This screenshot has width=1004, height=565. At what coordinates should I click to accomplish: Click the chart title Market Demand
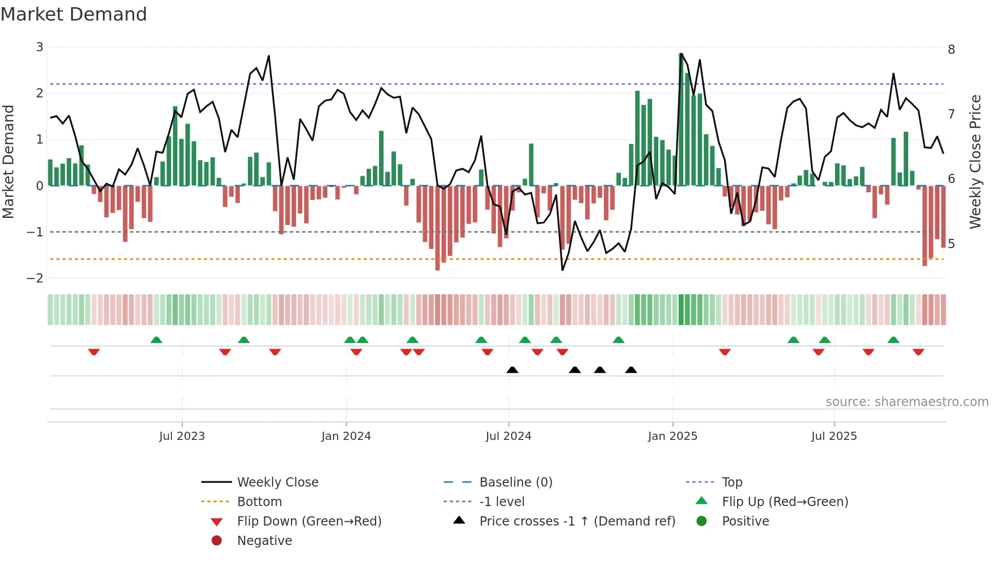click(x=74, y=14)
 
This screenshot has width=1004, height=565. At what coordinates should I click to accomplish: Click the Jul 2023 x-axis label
click(x=182, y=436)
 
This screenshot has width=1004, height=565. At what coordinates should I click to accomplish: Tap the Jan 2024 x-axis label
click(x=346, y=436)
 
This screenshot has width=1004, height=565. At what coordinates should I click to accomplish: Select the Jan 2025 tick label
click(x=672, y=436)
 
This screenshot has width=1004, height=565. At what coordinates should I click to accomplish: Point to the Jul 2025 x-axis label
click(x=833, y=436)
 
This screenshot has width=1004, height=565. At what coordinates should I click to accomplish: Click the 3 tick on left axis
click(x=39, y=47)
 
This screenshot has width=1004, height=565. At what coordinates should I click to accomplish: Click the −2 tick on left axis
click(x=35, y=278)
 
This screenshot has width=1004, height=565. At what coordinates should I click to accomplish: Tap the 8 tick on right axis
click(x=951, y=50)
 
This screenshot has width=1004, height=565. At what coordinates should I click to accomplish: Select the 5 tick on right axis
click(x=951, y=244)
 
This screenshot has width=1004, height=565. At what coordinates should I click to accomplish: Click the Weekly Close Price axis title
click(x=975, y=162)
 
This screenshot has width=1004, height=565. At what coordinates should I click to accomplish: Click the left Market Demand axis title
click(x=8, y=162)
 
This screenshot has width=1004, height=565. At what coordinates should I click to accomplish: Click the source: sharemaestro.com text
click(x=907, y=401)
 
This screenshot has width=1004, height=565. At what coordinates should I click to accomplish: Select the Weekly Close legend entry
click(x=277, y=482)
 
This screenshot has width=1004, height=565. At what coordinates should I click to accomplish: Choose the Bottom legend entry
click(x=259, y=501)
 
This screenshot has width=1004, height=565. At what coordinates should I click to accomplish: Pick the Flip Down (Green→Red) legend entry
click(x=309, y=521)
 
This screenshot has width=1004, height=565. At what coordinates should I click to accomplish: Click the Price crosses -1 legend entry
click(x=577, y=521)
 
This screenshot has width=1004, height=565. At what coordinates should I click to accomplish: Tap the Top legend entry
click(x=731, y=482)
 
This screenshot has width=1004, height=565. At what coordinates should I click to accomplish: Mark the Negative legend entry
click(x=264, y=540)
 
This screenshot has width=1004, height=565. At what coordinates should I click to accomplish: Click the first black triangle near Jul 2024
click(x=512, y=370)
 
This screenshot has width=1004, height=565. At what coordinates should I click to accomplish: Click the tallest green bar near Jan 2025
click(x=681, y=119)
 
